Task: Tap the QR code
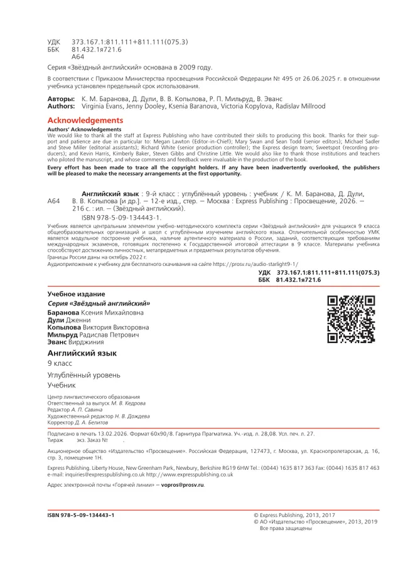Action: tap(351, 321)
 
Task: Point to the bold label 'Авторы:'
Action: tap(61, 99)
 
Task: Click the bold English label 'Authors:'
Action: tap(62, 107)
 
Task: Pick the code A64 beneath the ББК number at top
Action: tap(78, 56)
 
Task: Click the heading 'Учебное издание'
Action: tap(77, 294)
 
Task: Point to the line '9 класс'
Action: tap(60, 364)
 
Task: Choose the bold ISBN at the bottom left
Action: tap(81, 514)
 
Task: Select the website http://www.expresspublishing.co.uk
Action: tap(190, 475)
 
